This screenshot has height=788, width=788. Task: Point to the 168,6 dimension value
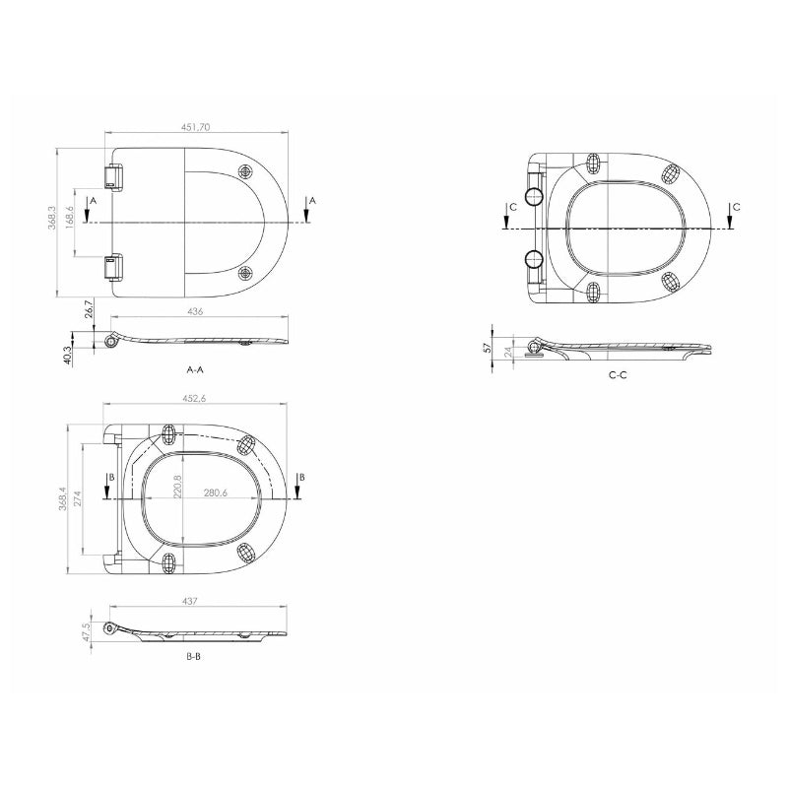point(70,217)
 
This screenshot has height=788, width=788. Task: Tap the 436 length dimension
point(195,312)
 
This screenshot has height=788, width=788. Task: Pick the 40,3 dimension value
point(68,355)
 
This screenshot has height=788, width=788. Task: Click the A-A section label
point(195,370)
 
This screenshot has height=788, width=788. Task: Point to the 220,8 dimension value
point(179,488)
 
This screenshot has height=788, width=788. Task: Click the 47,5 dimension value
point(87,630)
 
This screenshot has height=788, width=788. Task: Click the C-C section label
point(618,375)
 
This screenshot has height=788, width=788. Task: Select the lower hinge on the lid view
point(115,267)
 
